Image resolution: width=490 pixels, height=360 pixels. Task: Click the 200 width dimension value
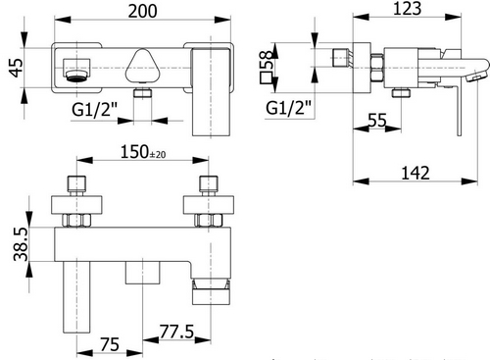[x=146, y=12]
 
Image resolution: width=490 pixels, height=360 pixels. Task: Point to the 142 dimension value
[x=416, y=174]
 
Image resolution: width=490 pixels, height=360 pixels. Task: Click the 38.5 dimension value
[x=14, y=242]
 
